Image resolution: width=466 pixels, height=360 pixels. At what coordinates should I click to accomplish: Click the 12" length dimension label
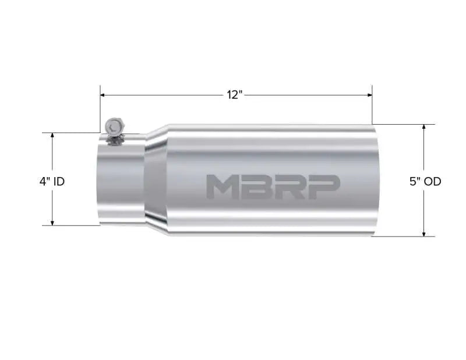pos(234,95)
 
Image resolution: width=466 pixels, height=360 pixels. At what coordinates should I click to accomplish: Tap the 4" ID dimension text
pos(52,181)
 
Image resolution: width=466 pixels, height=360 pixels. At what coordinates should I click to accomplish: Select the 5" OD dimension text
pos(425,181)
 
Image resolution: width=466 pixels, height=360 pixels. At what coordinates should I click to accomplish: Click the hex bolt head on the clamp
pos(114,125)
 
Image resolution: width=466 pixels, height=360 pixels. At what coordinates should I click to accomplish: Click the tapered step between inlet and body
pos(156,181)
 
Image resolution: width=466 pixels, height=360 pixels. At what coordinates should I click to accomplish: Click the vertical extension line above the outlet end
pos(372,108)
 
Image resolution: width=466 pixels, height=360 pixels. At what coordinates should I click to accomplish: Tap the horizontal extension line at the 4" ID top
pos(70,132)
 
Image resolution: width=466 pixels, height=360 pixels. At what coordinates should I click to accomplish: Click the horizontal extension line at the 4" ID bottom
pos(70,225)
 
